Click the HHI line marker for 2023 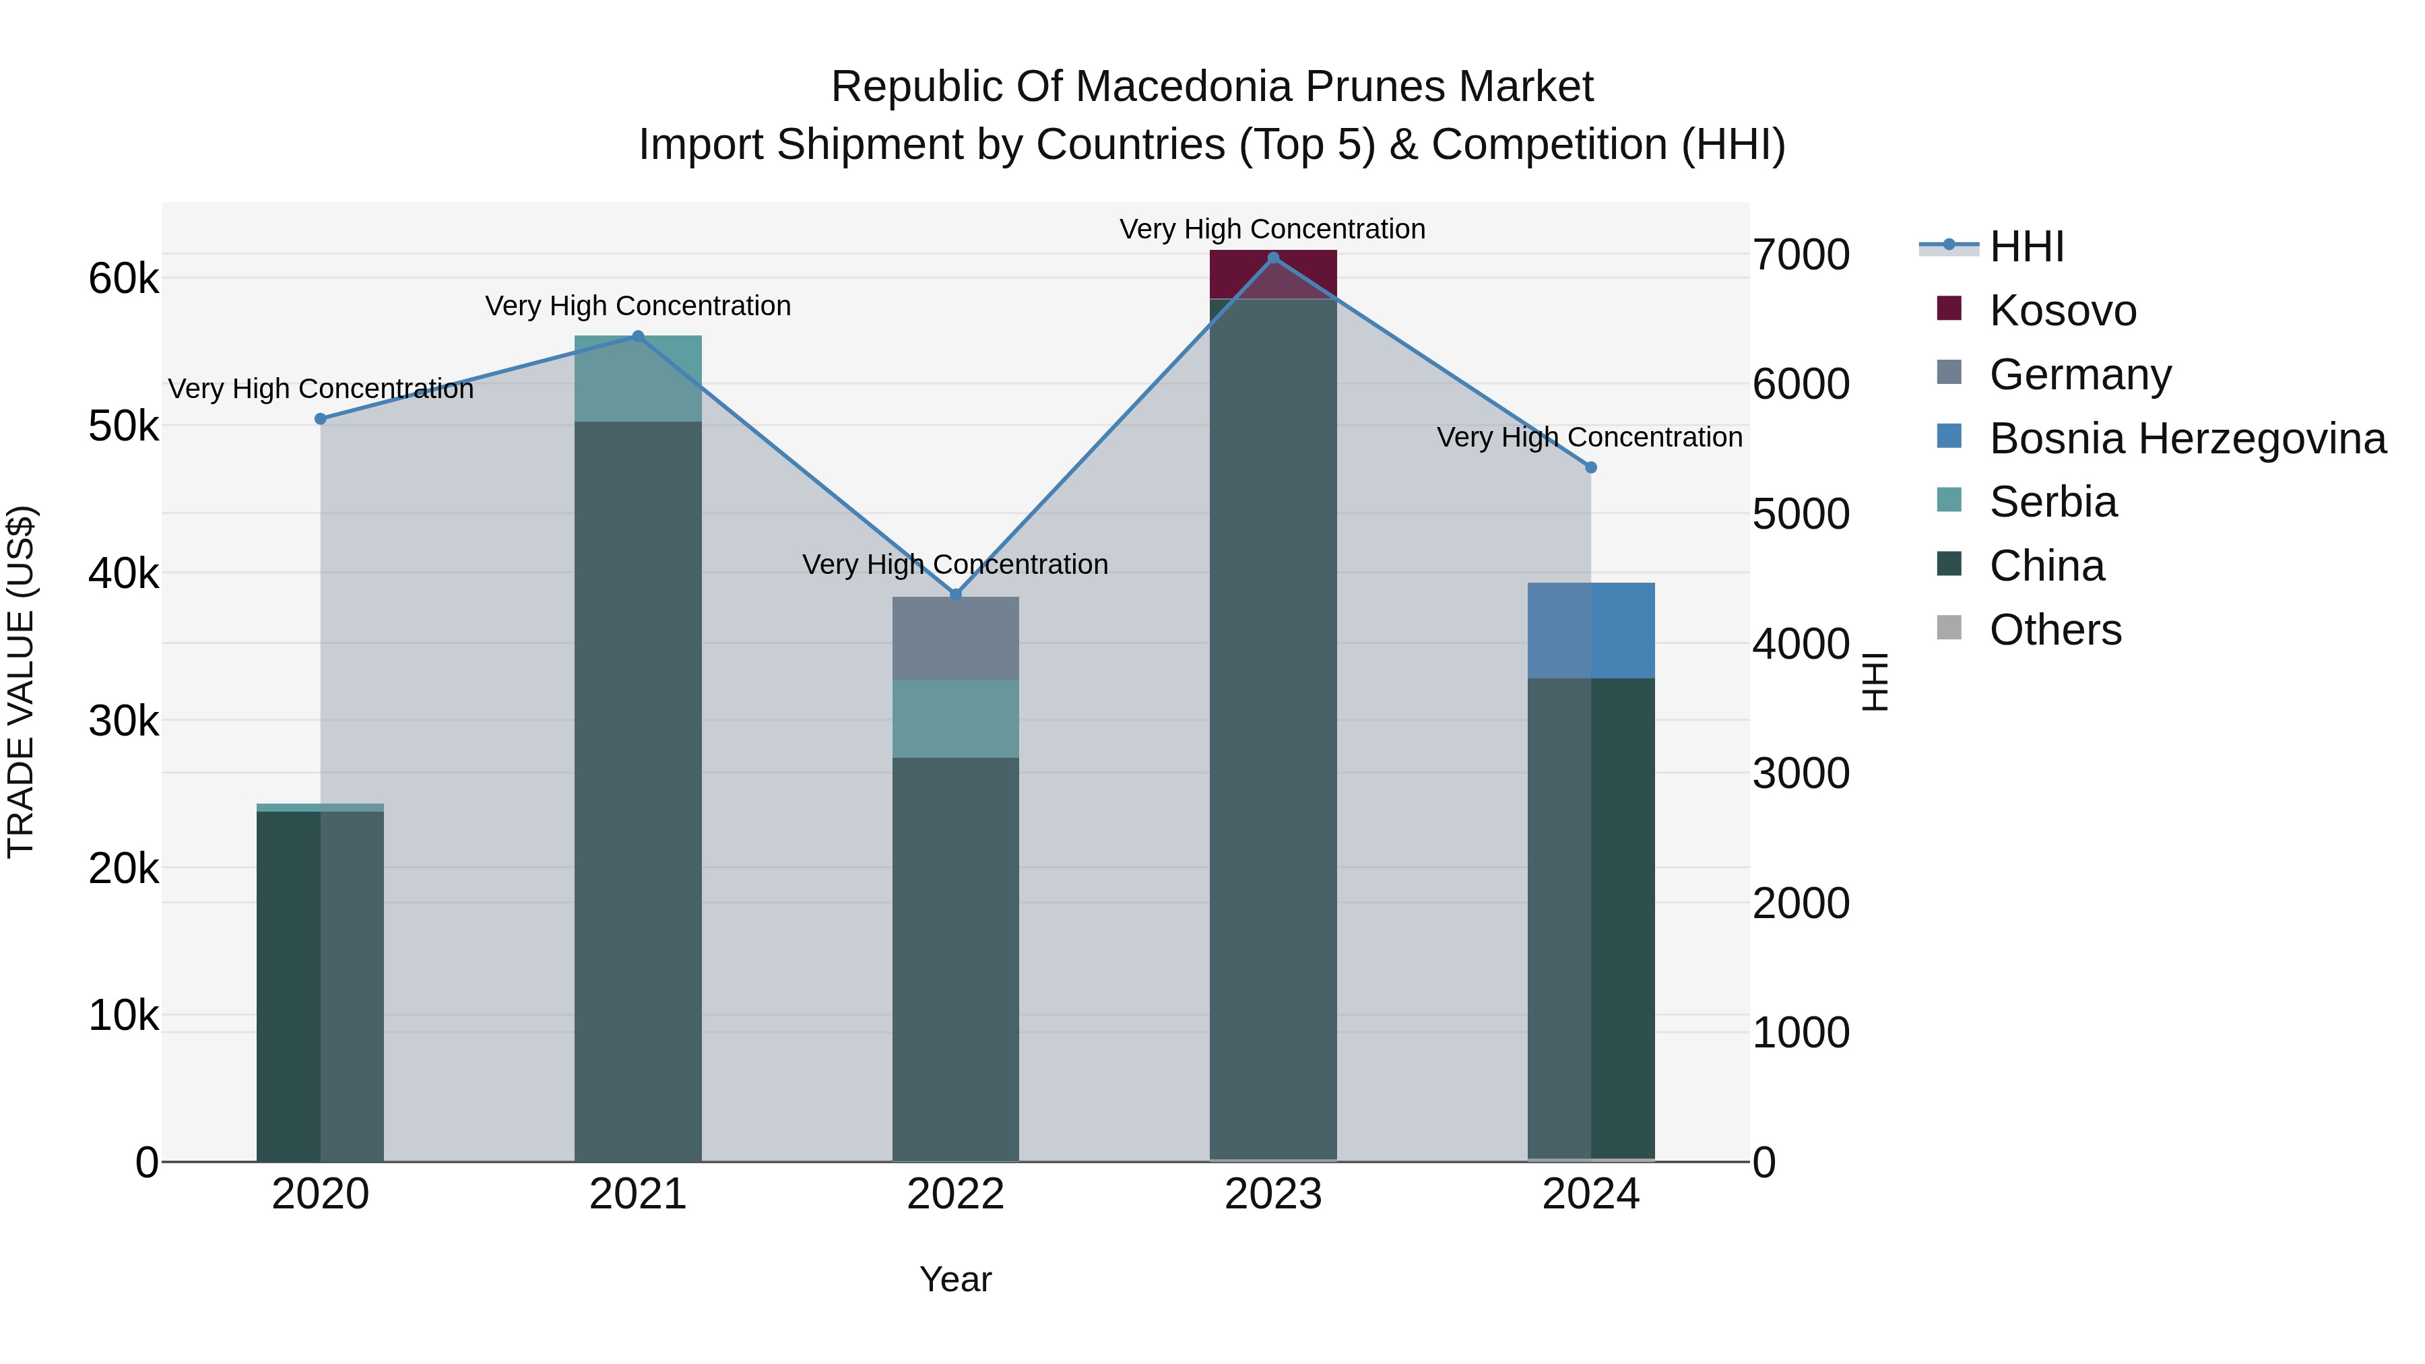click(x=1272, y=258)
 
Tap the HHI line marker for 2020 click(x=320, y=419)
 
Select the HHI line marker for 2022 click(x=955, y=595)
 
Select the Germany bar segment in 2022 click(x=955, y=639)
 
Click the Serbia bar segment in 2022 click(x=955, y=718)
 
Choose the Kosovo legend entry click(x=2062, y=311)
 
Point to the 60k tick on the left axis click(x=124, y=279)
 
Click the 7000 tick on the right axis click(x=1801, y=255)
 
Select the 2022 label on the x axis click(x=955, y=1194)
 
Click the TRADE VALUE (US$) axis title click(x=21, y=682)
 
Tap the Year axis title click(x=955, y=1279)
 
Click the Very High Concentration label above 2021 click(x=639, y=306)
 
